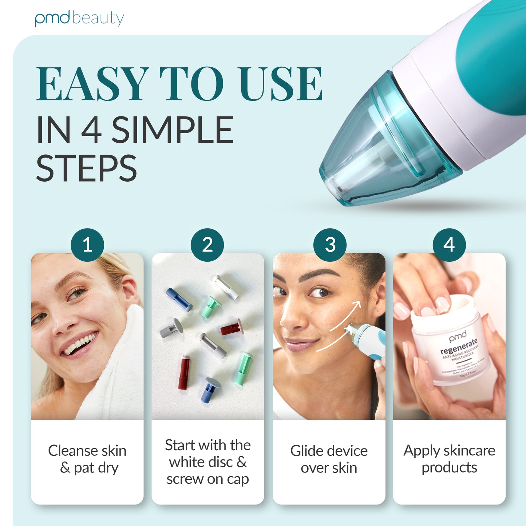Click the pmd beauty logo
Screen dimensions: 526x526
point(79,19)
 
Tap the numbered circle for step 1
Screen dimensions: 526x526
point(87,245)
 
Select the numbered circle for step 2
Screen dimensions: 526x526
point(207,245)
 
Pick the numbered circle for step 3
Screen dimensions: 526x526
point(330,245)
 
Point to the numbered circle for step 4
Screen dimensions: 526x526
point(449,245)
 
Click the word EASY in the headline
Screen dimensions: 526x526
point(92,84)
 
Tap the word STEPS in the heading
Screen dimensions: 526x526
point(87,168)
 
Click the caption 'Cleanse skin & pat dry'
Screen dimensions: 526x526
point(87,459)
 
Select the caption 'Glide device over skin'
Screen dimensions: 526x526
point(329,459)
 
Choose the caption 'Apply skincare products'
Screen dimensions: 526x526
point(449,459)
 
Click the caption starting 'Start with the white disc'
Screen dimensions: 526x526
point(207,462)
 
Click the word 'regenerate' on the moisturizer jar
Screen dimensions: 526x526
point(459,346)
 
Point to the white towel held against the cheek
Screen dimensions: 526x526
point(120,364)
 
